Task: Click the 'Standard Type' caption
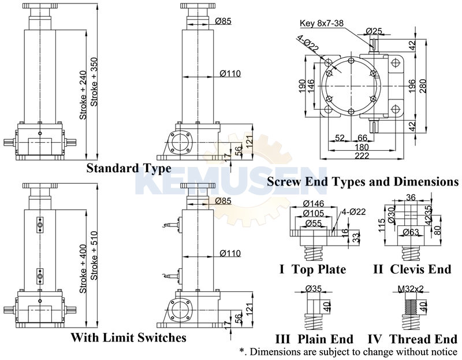tap(128, 169)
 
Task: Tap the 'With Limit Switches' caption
tap(128, 337)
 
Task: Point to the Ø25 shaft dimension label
tap(375, 30)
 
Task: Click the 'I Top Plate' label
tap(313, 270)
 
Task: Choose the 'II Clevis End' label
tap(411, 270)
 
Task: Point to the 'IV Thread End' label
tap(412, 338)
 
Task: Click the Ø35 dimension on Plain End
tap(312, 288)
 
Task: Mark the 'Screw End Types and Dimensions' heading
tap(363, 181)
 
